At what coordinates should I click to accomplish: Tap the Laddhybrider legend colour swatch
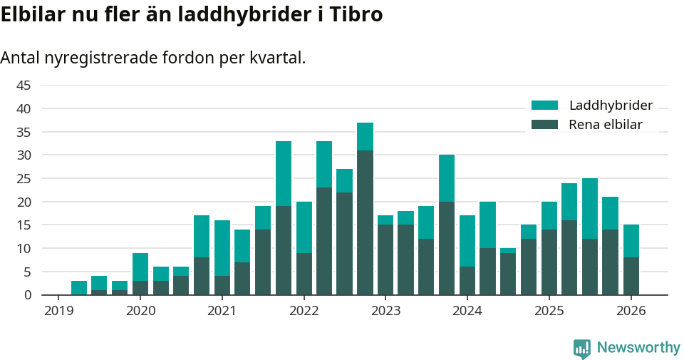point(545,106)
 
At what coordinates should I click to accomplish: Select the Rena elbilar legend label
point(606,125)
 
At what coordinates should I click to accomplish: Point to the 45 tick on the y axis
point(24,86)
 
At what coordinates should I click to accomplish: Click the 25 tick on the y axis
point(24,179)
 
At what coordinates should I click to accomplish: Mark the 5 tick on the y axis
point(27,272)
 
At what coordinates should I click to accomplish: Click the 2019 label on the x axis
point(59,311)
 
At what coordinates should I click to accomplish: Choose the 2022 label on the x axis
point(304,311)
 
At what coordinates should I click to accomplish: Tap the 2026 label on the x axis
point(631,311)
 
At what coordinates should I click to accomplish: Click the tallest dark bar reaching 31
point(365,222)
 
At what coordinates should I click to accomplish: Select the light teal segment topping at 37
point(365,136)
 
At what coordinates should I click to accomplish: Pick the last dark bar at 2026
point(631,276)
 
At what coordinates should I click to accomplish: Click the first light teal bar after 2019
point(79,287)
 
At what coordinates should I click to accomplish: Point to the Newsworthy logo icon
point(582,348)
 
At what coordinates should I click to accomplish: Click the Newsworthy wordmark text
point(638,348)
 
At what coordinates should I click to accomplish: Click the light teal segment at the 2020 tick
point(140,267)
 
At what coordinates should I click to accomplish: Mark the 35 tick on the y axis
point(24,132)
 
